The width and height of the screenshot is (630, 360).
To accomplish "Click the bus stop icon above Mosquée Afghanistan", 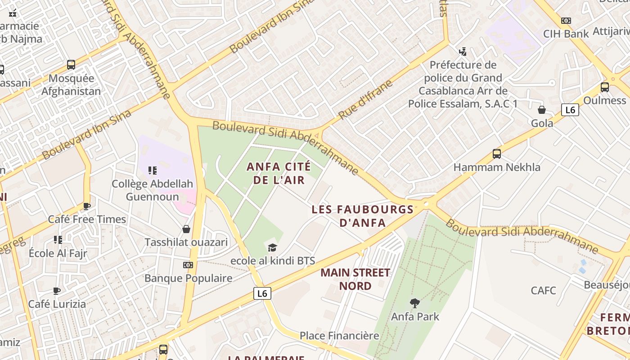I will tap(71, 65).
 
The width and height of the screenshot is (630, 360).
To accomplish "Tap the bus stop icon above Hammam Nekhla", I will tap(497, 154).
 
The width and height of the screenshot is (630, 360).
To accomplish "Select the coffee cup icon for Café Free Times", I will tap(87, 207).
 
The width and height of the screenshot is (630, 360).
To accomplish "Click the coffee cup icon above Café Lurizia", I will tap(57, 291).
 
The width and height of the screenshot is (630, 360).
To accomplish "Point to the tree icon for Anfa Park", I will tap(415, 303).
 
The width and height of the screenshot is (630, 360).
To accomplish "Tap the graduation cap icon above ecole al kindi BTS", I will tap(272, 247).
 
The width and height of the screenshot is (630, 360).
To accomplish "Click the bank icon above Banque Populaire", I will tap(188, 265).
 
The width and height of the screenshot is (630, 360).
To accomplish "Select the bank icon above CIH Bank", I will tap(566, 21).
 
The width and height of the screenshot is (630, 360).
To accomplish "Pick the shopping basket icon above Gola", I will tap(542, 110).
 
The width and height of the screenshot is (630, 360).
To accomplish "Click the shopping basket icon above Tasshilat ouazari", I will tap(186, 229).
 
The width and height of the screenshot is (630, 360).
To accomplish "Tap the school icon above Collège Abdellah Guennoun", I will tap(152, 171).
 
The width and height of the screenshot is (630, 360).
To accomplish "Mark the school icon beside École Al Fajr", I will tap(58, 239).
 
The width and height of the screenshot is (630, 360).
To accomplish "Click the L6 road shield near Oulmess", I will tap(570, 110).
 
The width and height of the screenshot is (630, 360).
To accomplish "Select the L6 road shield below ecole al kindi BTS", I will tap(262, 293).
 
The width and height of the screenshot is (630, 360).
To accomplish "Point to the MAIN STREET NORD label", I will tap(355, 279).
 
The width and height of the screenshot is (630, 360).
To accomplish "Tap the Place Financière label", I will tap(339, 336).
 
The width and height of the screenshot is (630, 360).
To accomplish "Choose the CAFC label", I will tap(543, 290).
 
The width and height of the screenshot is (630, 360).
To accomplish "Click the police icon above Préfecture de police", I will tap(463, 52).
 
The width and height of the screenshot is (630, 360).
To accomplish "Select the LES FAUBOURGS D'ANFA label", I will tap(362, 216).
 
